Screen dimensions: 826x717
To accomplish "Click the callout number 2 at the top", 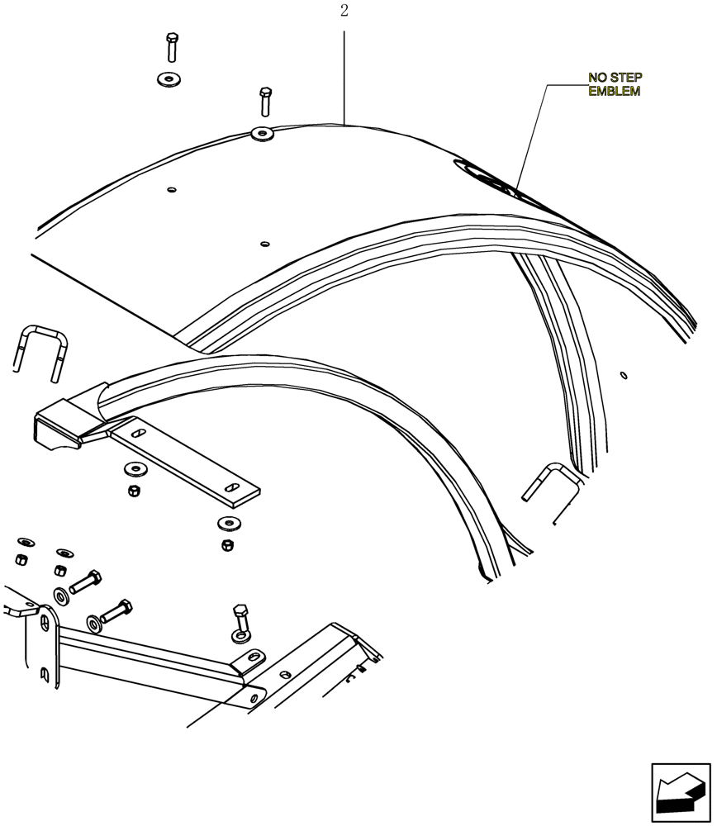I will point(344,11).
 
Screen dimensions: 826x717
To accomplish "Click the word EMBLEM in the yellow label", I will point(614,92).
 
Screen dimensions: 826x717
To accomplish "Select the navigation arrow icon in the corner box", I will point(680,792).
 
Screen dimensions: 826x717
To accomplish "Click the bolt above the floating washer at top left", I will point(171,47).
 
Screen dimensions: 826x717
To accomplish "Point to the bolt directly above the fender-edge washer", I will point(264,101).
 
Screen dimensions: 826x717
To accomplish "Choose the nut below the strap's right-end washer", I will point(226,545).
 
